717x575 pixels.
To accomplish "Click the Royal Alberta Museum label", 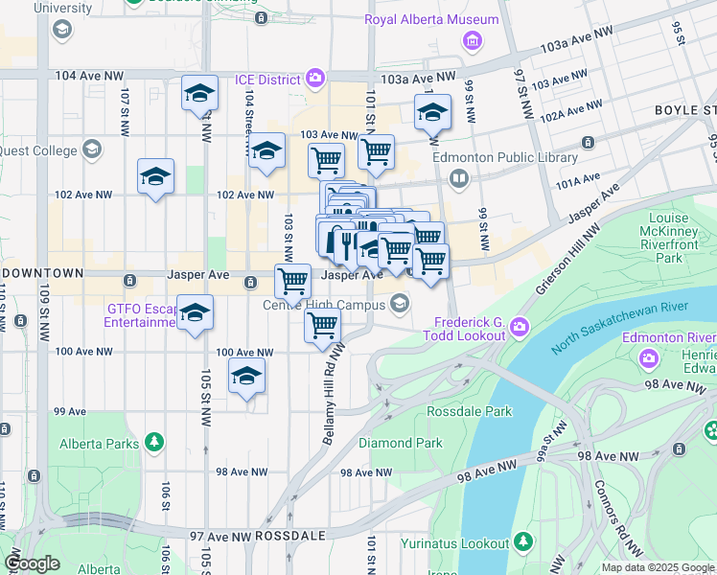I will click(x=431, y=19).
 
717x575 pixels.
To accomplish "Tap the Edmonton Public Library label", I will click(x=504, y=158).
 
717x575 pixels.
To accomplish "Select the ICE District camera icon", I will click(x=314, y=80).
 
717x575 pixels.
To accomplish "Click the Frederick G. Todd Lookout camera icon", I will click(x=519, y=327).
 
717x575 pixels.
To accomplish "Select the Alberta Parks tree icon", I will click(x=153, y=443).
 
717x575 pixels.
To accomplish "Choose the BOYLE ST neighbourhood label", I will click(x=684, y=110).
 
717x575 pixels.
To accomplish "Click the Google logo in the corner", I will click(x=32, y=563).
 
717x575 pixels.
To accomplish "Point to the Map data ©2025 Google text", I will click(x=658, y=567).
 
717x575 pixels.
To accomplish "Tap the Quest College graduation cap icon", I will click(x=92, y=149).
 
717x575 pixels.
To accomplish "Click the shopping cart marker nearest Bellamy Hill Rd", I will click(x=323, y=327).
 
